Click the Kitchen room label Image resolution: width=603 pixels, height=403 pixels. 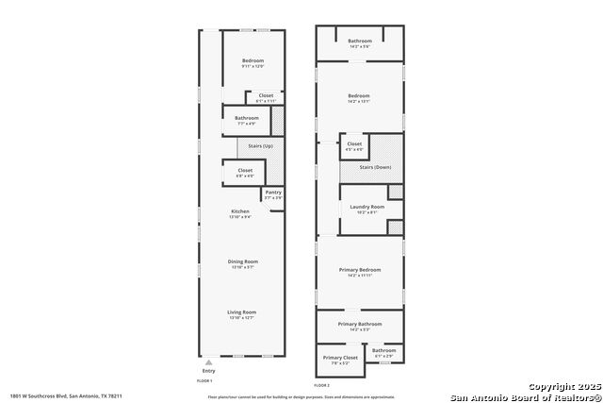point(239,211)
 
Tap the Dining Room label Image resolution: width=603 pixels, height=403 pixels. point(242,261)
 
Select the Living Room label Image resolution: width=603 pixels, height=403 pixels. point(242,311)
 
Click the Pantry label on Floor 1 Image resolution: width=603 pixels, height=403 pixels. point(272,193)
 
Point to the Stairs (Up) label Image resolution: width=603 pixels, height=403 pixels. point(260,147)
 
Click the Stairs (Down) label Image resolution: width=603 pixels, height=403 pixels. point(375,167)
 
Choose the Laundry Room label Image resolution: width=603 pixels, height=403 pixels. point(367,207)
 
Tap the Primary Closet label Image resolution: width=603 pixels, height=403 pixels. point(340,358)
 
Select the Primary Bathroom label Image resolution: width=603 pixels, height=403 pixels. point(359,324)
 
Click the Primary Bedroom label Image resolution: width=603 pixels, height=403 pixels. point(359,269)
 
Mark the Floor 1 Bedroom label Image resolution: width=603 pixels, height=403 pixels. point(253,61)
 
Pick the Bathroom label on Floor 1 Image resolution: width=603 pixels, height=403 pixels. point(247,118)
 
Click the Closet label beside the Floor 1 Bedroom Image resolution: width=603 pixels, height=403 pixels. point(266,95)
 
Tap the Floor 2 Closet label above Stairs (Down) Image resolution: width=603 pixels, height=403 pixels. point(354,144)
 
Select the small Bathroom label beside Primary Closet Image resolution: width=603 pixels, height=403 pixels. point(383,351)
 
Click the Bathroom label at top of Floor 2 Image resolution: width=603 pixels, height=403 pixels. point(360,41)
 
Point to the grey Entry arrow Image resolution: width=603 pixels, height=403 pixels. point(208,362)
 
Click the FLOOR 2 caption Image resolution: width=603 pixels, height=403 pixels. point(322,385)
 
